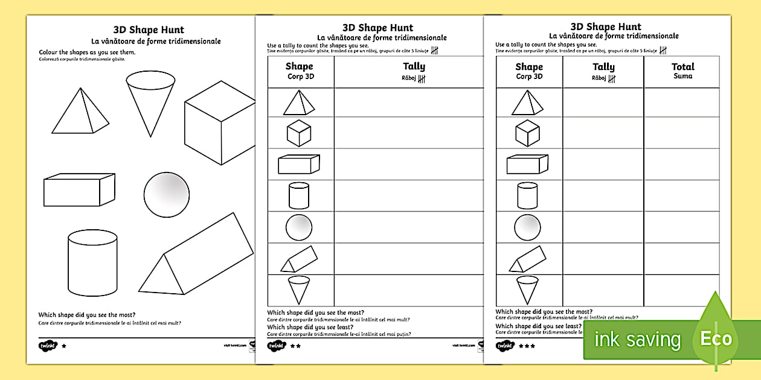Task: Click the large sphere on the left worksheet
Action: [166, 195]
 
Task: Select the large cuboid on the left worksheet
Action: [79, 189]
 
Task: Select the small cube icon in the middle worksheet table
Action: [299, 133]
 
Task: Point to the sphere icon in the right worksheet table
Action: [527, 227]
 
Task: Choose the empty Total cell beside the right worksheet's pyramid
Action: [681, 103]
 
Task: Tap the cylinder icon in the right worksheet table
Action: [527, 196]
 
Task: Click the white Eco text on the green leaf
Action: [716, 339]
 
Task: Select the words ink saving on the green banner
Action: [637, 340]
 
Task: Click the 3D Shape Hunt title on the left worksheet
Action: [149, 30]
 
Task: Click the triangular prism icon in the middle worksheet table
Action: [298, 259]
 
